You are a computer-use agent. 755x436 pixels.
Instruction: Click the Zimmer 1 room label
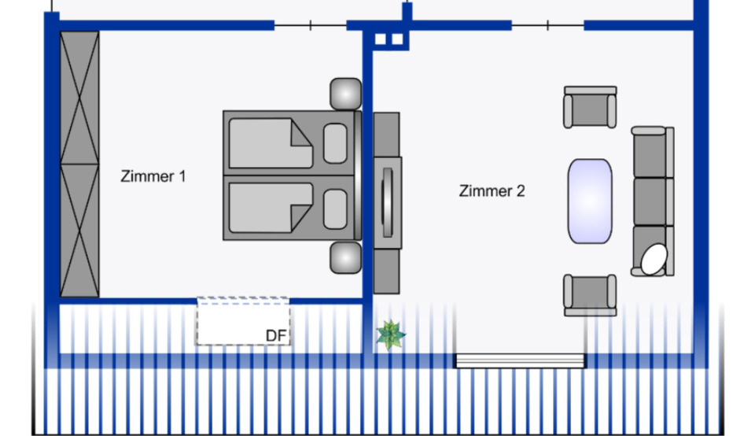(153, 176)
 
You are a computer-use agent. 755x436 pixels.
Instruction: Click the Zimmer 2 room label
(492, 190)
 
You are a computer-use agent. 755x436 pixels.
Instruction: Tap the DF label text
(275, 336)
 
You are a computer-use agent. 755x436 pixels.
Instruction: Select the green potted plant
(390, 334)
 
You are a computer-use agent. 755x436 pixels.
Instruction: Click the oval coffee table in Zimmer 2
(590, 201)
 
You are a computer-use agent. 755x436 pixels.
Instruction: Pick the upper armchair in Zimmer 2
(590, 108)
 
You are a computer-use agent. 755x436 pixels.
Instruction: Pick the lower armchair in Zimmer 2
(590, 294)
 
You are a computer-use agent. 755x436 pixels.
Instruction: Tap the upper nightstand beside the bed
(345, 94)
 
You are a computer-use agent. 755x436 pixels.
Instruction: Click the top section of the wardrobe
(79, 98)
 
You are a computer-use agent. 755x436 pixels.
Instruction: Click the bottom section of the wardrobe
(79, 231)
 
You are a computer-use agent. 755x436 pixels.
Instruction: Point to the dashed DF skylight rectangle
(243, 321)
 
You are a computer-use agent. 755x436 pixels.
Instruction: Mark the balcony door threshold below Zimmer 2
(521, 360)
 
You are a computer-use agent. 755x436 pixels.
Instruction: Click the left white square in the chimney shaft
(381, 39)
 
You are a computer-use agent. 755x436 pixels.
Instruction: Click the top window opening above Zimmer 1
(311, 26)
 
